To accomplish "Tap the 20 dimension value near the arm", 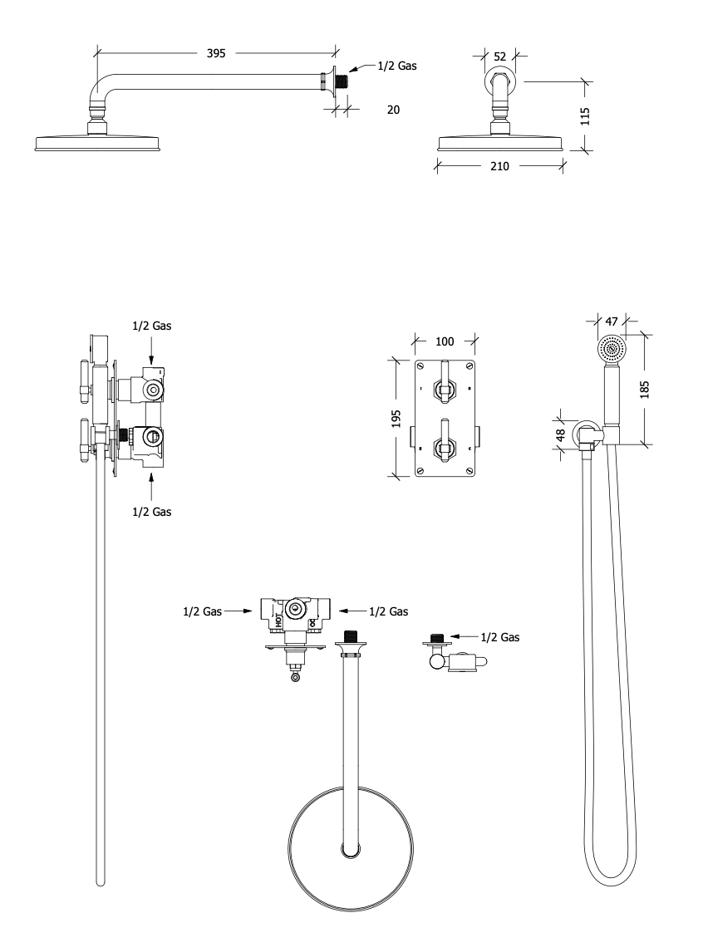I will (x=394, y=108).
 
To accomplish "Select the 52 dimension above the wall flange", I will (x=500, y=56).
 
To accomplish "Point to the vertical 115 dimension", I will (x=585, y=115).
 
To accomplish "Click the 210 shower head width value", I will (x=499, y=166).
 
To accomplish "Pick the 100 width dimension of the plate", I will (x=445, y=341).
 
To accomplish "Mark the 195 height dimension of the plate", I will (x=397, y=418).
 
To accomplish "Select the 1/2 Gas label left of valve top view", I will (x=203, y=611).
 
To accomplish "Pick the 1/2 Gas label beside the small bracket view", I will (x=499, y=637).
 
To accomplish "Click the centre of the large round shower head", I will (x=349, y=850).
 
